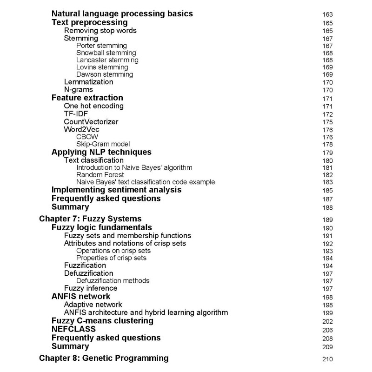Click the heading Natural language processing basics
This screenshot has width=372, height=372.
pos(122,14)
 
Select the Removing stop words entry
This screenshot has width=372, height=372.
pos(100,31)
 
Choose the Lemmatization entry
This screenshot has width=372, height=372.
pos(88,82)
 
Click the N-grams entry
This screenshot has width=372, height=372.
pos(78,90)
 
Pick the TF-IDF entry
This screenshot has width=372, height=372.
pos(76,114)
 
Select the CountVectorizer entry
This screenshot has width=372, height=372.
pos(91,122)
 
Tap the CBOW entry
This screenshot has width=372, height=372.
pos(87,137)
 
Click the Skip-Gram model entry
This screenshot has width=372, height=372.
pos(103,144)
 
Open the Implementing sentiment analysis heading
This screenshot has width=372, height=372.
pos(116,190)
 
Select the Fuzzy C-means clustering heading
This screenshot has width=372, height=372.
pos(102,321)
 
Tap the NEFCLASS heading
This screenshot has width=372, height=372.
pos(73,329)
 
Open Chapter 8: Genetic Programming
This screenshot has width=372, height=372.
pos(104,358)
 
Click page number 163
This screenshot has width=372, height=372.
pos(327,14)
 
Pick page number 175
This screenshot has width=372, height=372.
pos(327,122)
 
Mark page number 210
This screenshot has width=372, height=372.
pos(327,359)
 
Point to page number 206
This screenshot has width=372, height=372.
pos(327,330)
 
